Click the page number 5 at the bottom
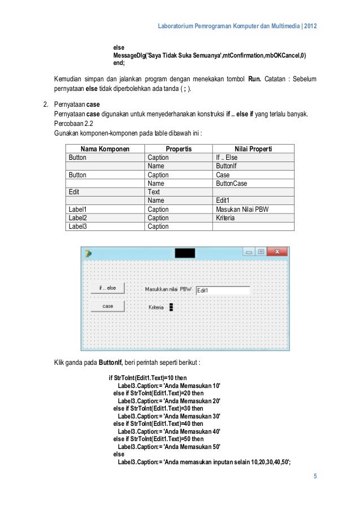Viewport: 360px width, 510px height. [315, 476]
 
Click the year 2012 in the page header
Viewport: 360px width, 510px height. [310, 27]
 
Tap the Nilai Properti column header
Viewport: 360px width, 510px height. [253, 149]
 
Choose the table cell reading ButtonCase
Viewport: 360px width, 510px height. [231, 184]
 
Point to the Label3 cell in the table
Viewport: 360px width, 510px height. [79, 226]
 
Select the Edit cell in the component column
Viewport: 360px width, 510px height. [74, 192]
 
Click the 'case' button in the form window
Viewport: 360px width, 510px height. [107, 306]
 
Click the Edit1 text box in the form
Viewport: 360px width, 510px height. [222, 290]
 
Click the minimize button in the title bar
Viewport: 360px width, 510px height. [248, 252]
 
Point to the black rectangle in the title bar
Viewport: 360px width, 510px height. [185, 253]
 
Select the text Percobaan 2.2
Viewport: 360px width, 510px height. [72, 124]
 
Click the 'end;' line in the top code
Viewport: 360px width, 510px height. [119, 64]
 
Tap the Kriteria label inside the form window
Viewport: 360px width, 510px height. [156, 307]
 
